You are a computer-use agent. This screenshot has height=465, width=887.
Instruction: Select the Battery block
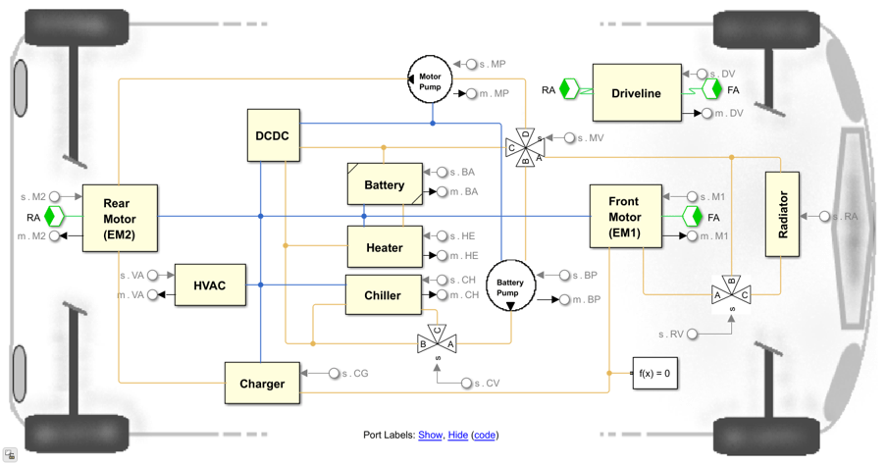(x=384, y=184)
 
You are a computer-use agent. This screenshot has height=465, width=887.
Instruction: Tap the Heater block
(x=384, y=247)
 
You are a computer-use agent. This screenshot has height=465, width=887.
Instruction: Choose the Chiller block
(x=383, y=295)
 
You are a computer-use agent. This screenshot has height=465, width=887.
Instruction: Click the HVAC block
(x=210, y=285)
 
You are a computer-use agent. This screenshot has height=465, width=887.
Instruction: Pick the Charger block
(x=262, y=384)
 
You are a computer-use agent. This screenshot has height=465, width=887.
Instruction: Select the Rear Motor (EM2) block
(x=119, y=218)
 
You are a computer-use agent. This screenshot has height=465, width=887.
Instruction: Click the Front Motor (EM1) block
(x=624, y=217)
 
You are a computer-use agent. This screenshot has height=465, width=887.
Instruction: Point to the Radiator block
(x=782, y=215)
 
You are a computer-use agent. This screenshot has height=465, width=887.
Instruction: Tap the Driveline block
(x=636, y=93)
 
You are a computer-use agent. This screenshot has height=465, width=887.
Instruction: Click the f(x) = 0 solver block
(x=654, y=374)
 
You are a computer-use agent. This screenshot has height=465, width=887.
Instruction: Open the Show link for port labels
(x=430, y=435)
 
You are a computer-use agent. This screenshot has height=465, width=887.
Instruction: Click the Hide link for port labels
(x=457, y=435)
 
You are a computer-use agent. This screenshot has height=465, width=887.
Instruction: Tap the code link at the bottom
(x=485, y=435)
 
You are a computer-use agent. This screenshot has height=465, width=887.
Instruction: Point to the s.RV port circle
(x=693, y=335)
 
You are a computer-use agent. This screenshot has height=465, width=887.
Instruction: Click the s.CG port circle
(x=335, y=373)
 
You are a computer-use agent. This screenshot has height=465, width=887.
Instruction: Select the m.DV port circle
(x=706, y=113)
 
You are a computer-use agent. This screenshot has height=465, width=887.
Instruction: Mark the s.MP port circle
(x=471, y=64)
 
